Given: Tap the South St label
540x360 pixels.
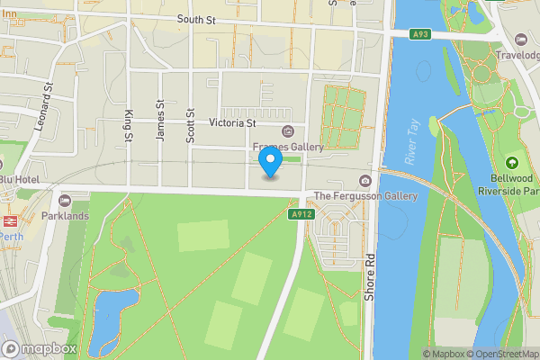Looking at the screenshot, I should click(x=198, y=19).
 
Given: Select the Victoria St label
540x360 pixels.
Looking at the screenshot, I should click(x=232, y=122).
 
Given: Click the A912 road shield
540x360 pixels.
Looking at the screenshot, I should click(x=300, y=215).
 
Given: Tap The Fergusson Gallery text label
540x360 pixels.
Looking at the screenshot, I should click(x=365, y=196).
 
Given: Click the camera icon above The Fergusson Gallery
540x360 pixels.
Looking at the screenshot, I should click(x=364, y=181).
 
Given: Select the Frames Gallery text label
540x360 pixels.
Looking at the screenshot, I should click(x=288, y=147).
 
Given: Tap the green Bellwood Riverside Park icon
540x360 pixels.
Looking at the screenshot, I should click(x=512, y=163).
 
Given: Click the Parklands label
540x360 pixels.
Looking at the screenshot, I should click(x=65, y=216).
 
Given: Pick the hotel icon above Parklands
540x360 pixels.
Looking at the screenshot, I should click(x=65, y=201).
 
